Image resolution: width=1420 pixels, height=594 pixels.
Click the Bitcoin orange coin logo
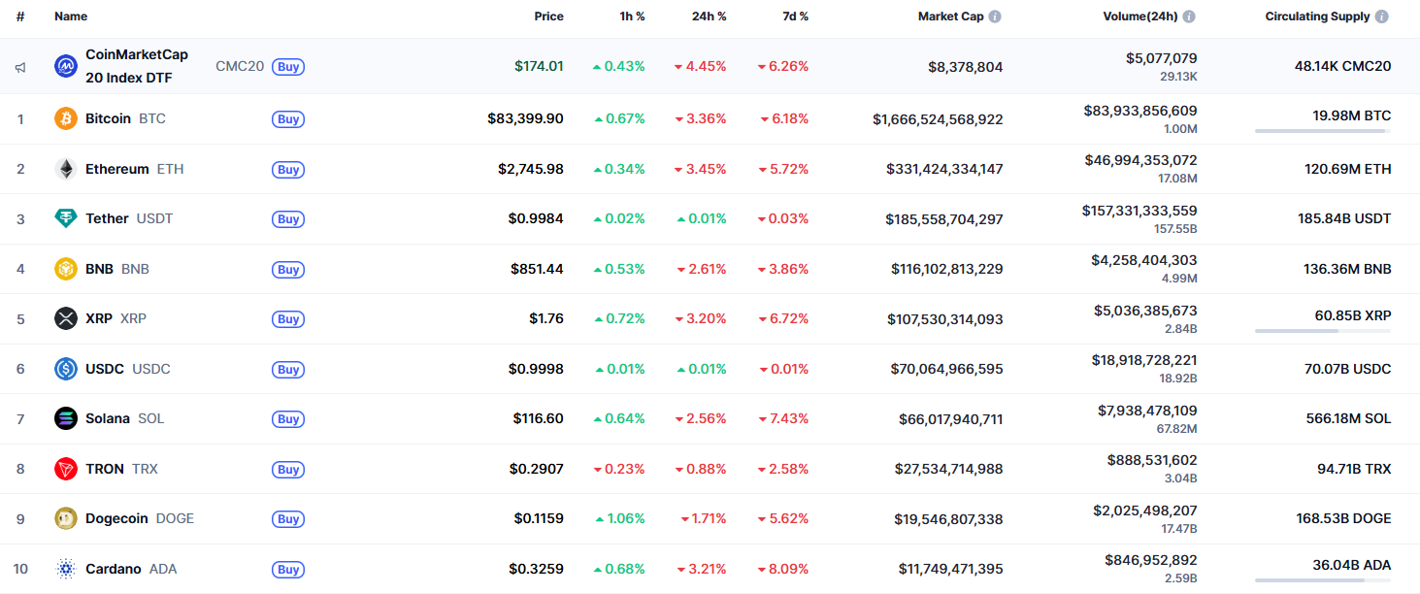[x=66, y=118]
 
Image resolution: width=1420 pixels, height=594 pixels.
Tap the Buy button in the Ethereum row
[x=288, y=170]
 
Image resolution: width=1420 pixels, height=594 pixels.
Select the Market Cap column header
[x=952, y=16]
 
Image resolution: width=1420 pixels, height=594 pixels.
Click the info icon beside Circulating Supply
[x=1381, y=16]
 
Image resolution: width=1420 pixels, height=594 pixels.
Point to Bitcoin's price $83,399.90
[x=525, y=118]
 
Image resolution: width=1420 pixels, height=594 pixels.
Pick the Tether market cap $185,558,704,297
[x=943, y=219]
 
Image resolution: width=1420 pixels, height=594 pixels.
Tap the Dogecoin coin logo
[x=66, y=518]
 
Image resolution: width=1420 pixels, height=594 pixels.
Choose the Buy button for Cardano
[x=288, y=570]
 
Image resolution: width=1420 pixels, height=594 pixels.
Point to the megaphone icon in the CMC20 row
[x=20, y=67]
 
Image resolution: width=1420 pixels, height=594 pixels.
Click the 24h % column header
[x=709, y=16]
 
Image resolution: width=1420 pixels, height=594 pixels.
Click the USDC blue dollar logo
[x=66, y=369]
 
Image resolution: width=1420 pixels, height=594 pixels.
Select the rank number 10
[x=20, y=569]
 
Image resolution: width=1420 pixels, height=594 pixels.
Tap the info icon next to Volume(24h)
[x=1189, y=16]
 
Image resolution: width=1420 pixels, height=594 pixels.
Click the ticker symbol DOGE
[x=175, y=518]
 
